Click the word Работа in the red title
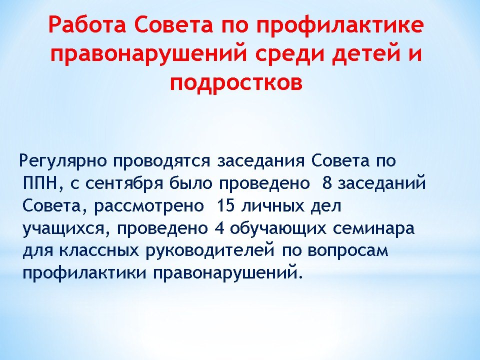click(87, 25)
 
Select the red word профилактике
click(340, 25)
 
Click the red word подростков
click(236, 82)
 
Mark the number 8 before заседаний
click(327, 183)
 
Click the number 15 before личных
click(225, 205)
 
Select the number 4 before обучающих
click(220, 228)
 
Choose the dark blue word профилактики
click(84, 273)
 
